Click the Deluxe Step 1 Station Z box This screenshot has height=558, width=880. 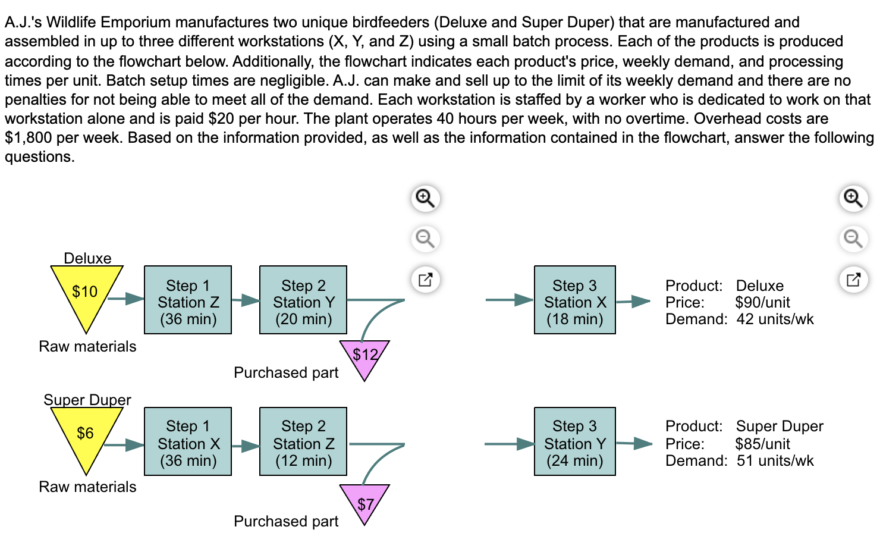188,300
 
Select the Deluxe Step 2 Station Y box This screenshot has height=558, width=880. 303,300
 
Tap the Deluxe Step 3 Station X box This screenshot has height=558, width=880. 574,300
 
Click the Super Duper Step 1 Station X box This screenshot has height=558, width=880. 188,441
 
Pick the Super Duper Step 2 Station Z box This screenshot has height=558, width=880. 303,441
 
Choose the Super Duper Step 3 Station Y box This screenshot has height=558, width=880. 574,441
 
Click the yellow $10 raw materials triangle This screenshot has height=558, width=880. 86,294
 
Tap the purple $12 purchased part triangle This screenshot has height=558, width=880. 364,357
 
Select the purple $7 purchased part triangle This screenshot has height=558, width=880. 364,501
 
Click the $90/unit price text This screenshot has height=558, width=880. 762,302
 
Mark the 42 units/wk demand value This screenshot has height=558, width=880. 775,319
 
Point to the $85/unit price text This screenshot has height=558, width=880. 762,444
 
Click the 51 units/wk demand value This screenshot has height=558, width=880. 775,461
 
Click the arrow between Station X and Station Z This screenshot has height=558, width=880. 245,445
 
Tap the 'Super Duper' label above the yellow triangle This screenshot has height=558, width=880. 87,400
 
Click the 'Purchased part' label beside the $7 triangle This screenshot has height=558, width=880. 286,522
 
